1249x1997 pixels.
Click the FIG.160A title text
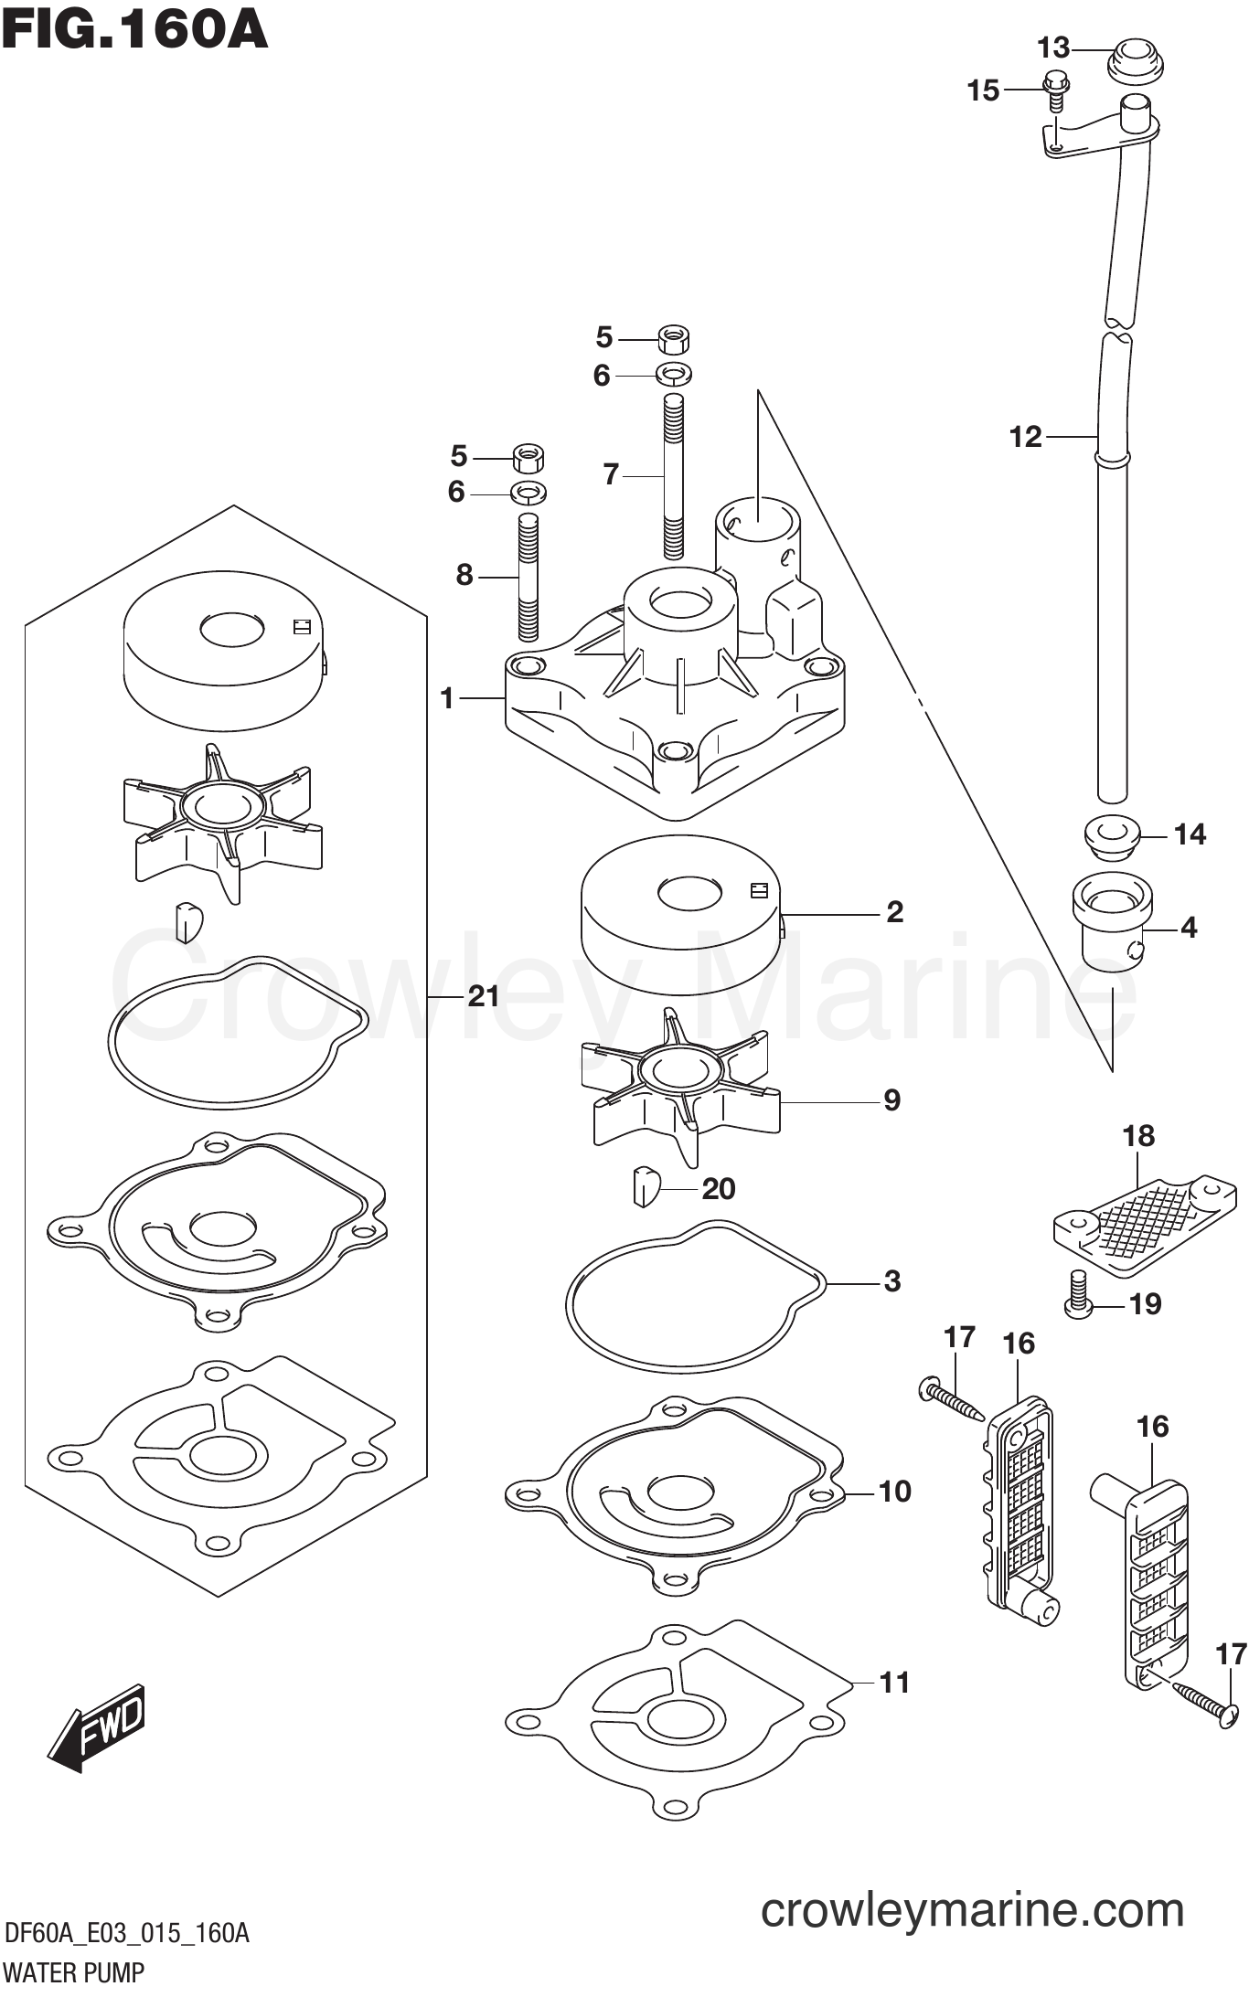pyautogui.click(x=135, y=29)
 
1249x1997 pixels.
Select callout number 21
pyautogui.click(x=483, y=995)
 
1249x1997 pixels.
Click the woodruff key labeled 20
pyautogui.click(x=645, y=1186)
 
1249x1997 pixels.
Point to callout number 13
pyautogui.click(x=1053, y=47)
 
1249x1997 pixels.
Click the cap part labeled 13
pyautogui.click(x=1135, y=59)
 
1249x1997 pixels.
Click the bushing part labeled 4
pyautogui.click(x=1111, y=924)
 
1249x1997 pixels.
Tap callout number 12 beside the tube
pyautogui.click(x=1025, y=437)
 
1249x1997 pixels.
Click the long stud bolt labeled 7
pyautogui.click(x=674, y=475)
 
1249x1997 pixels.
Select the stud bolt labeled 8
pyautogui.click(x=528, y=576)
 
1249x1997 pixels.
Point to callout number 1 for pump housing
pyautogui.click(x=446, y=699)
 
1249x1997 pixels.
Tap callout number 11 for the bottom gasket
pyautogui.click(x=894, y=1682)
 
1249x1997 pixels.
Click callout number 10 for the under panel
pyautogui.click(x=894, y=1491)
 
